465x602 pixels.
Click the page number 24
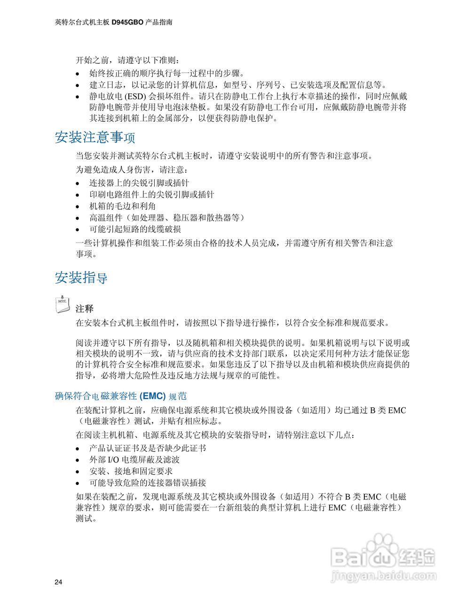(58, 582)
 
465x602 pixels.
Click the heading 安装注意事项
(95, 137)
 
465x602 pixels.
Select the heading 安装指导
(81, 277)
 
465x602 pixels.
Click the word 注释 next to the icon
(85, 309)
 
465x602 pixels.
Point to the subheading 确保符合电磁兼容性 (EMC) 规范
(121, 396)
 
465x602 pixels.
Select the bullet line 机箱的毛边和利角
(123, 206)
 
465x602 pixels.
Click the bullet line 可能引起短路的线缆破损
(135, 229)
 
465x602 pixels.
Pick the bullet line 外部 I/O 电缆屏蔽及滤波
(134, 459)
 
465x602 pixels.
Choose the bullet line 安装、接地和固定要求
(131, 471)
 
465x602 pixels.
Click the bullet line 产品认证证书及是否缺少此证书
(148, 448)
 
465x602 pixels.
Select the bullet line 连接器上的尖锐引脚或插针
(139, 183)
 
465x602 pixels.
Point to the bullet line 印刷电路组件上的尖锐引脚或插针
(151, 195)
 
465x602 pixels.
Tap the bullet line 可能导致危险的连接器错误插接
(148, 483)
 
